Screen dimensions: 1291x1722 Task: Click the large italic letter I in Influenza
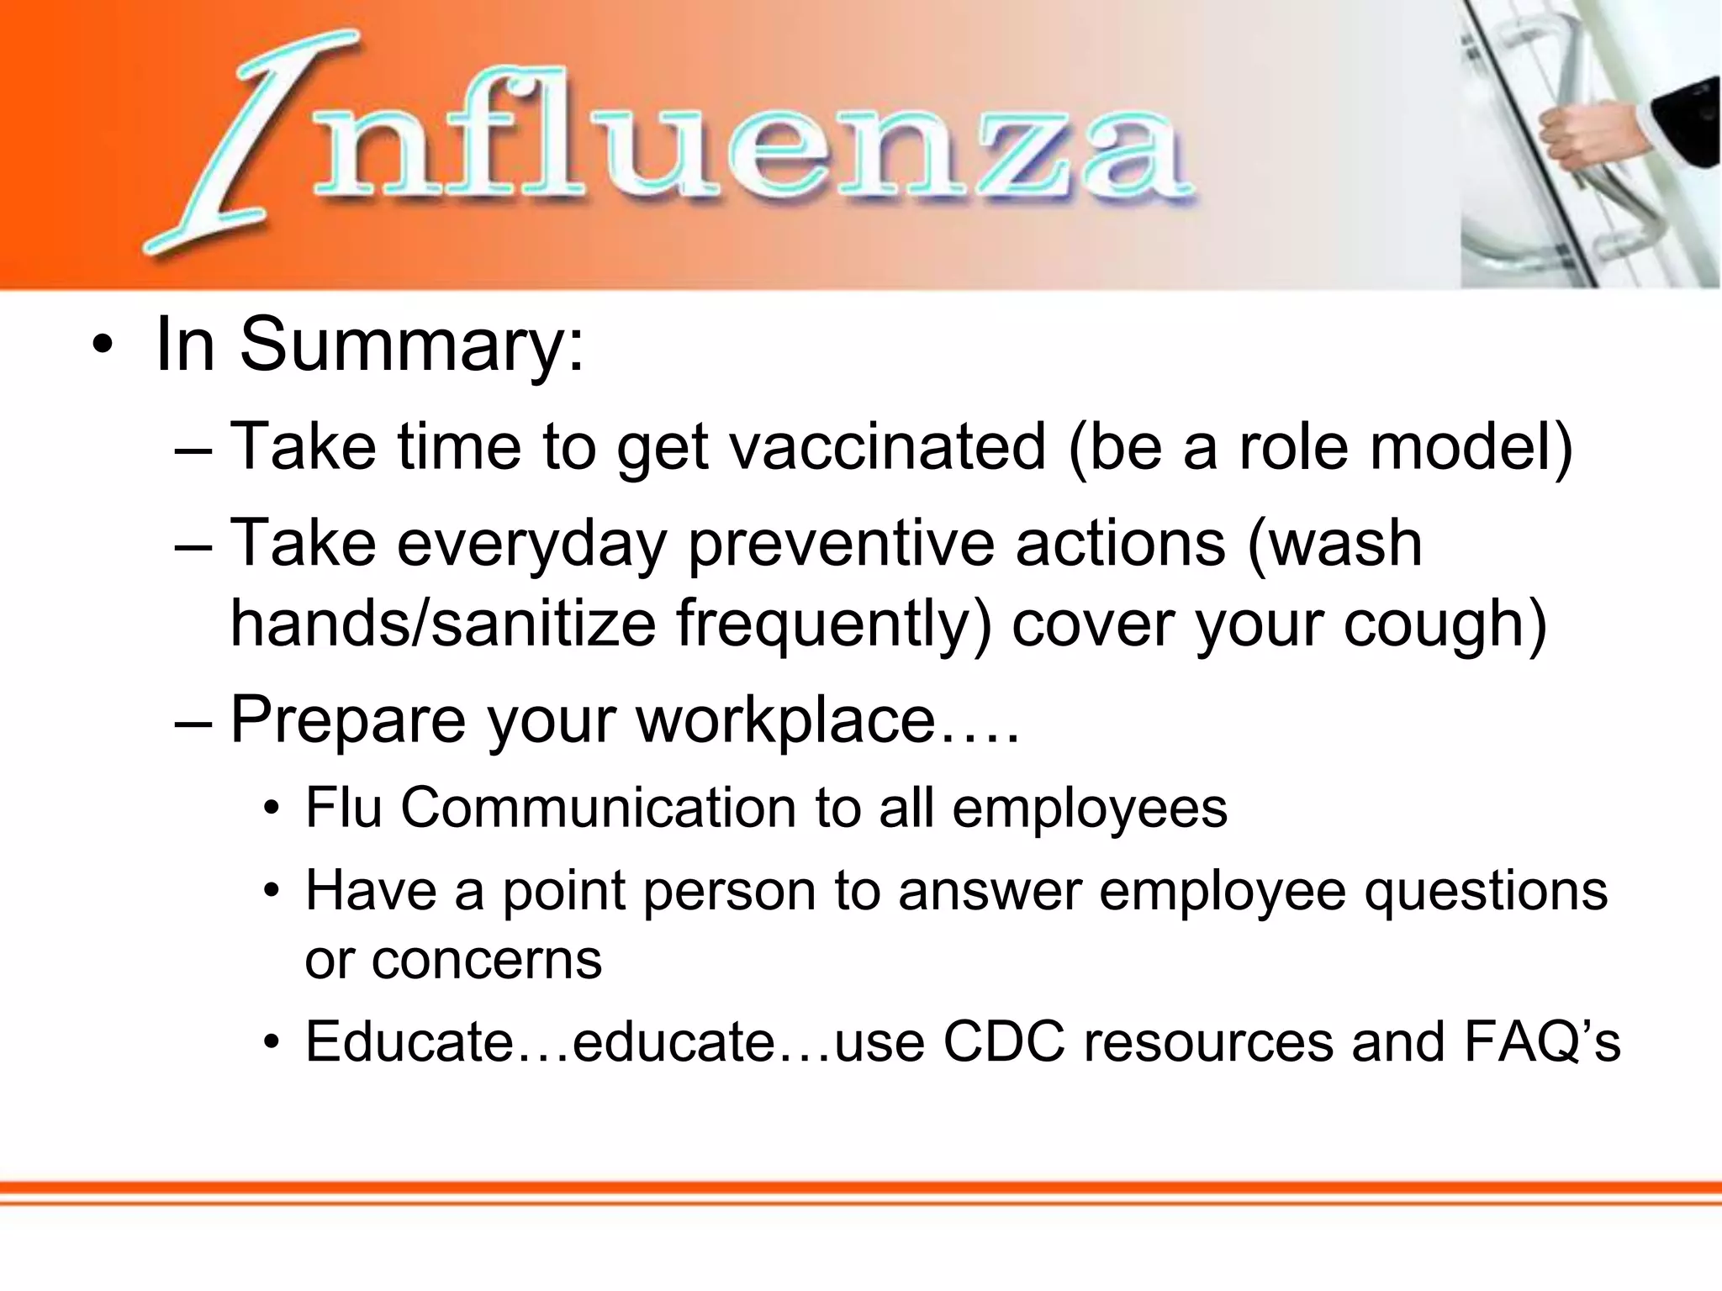[244, 143]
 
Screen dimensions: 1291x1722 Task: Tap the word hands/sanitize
[442, 624]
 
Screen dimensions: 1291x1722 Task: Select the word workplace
[785, 720]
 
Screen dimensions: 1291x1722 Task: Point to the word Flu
[343, 808]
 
